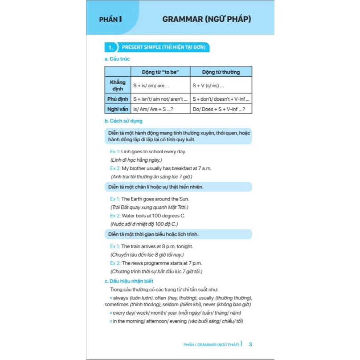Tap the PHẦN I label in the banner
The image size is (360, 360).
110,19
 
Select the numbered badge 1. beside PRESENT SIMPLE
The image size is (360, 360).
110,47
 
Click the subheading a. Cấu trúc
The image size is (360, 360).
117,59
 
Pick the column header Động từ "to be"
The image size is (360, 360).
160,72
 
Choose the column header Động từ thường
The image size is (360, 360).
221,72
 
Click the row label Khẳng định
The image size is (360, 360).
118,85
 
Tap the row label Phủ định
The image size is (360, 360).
118,98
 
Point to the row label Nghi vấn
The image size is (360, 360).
118,109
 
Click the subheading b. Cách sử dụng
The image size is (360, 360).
124,121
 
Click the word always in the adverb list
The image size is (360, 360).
120,298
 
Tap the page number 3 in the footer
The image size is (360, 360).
250,344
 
